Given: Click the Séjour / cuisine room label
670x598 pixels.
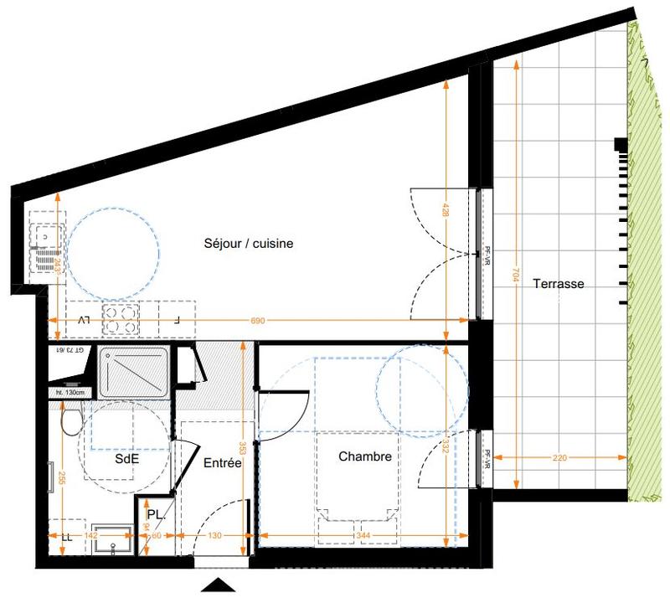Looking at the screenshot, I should (x=248, y=244).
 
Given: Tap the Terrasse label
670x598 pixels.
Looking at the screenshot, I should (x=559, y=284).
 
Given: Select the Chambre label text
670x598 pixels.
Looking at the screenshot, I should (x=365, y=456).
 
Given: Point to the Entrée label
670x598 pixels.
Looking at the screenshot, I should (x=223, y=462).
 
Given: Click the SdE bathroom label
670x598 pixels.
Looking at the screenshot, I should (x=127, y=459).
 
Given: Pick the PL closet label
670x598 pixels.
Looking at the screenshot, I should (x=155, y=515).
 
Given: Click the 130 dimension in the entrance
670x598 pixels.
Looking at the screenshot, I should (x=215, y=535).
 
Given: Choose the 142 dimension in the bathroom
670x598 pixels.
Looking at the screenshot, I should (x=93, y=535).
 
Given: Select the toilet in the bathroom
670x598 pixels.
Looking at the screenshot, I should (x=70, y=419).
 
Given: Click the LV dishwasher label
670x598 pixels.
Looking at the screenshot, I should (x=83, y=320).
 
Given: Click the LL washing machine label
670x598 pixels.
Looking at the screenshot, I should (x=65, y=536).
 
